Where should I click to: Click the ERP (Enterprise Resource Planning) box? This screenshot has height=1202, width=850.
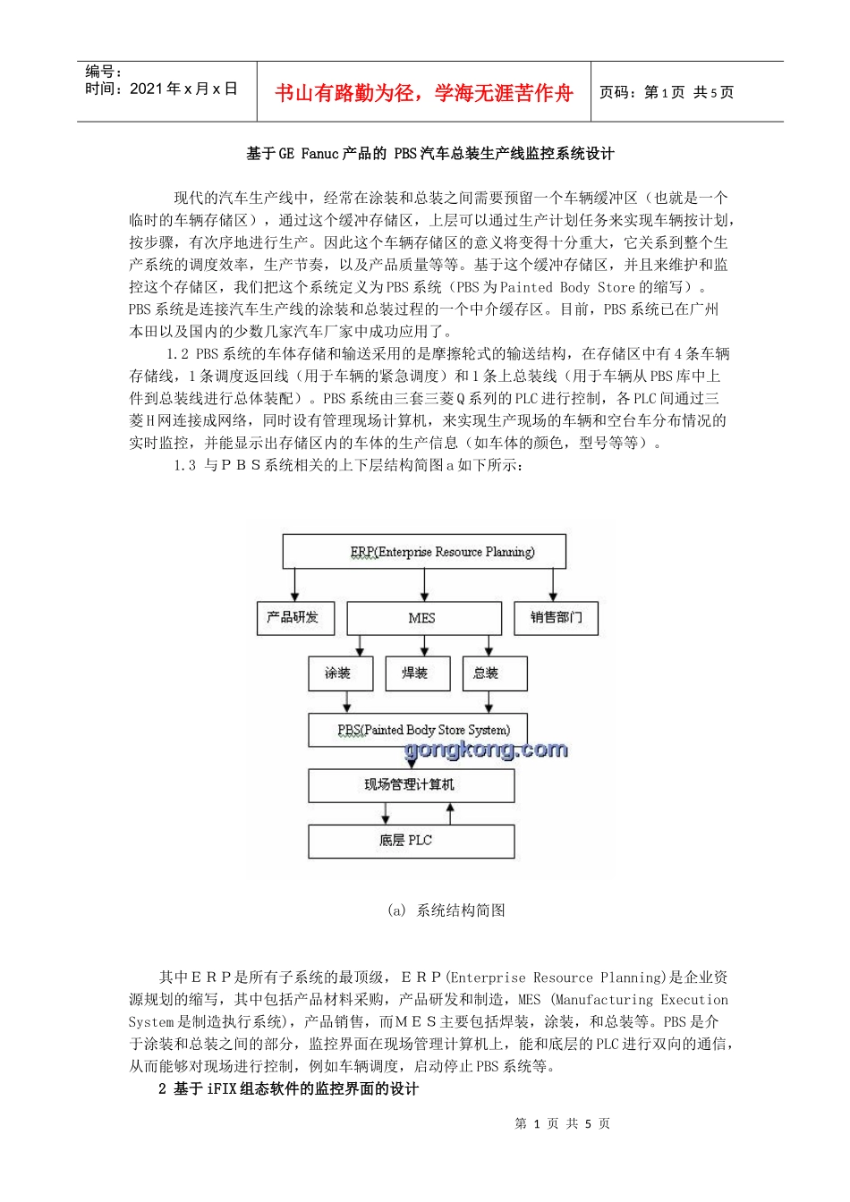(424, 552)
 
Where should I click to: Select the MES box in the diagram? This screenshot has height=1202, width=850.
(423, 618)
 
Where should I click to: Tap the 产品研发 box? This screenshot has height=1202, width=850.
(293, 617)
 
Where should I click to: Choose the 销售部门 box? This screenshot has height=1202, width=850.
(556, 617)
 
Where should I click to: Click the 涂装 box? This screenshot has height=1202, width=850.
(339, 673)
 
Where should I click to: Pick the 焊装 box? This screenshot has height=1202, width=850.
(415, 673)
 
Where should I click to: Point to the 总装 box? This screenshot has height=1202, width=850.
(494, 673)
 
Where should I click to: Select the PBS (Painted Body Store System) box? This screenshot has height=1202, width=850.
(418, 730)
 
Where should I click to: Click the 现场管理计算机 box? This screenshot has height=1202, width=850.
(411, 785)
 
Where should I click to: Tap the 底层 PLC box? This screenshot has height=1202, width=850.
(411, 841)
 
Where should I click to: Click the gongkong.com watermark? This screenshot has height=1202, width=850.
(486, 749)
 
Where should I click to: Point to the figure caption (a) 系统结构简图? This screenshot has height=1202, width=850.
(446, 910)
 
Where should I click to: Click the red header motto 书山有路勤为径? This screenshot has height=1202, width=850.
(423, 93)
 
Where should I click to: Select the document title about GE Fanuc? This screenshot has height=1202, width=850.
(429, 154)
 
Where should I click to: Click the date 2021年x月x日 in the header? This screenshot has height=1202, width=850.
(183, 89)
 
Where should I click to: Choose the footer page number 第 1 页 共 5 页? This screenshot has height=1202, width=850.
(562, 1123)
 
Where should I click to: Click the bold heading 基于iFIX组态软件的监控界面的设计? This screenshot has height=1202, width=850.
(288, 1088)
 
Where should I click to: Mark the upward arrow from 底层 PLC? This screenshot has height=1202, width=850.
(450, 813)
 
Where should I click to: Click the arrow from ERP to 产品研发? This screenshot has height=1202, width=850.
(294, 585)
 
